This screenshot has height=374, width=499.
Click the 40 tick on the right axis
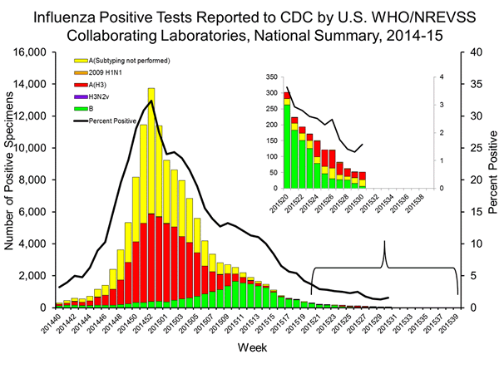coord(469,52)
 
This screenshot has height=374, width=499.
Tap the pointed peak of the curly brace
coord(384,242)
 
